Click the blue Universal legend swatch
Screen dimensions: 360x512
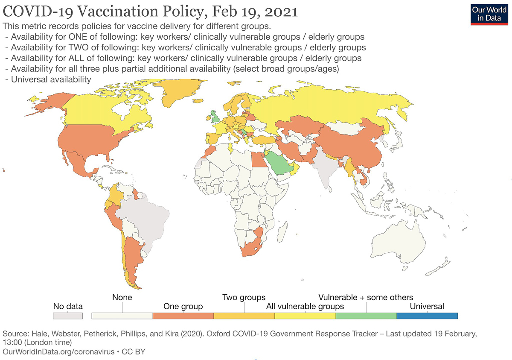(x=427, y=316)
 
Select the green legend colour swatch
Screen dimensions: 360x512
(x=366, y=316)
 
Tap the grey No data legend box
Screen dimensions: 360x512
(x=67, y=316)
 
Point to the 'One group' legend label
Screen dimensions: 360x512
(x=183, y=306)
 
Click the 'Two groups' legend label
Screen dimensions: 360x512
(x=244, y=297)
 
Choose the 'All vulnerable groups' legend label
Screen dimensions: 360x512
(x=305, y=306)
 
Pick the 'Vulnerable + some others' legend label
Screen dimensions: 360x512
(x=366, y=297)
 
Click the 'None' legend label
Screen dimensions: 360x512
(x=122, y=297)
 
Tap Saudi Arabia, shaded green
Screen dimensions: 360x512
(x=278, y=164)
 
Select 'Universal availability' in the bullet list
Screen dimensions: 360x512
(x=51, y=79)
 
